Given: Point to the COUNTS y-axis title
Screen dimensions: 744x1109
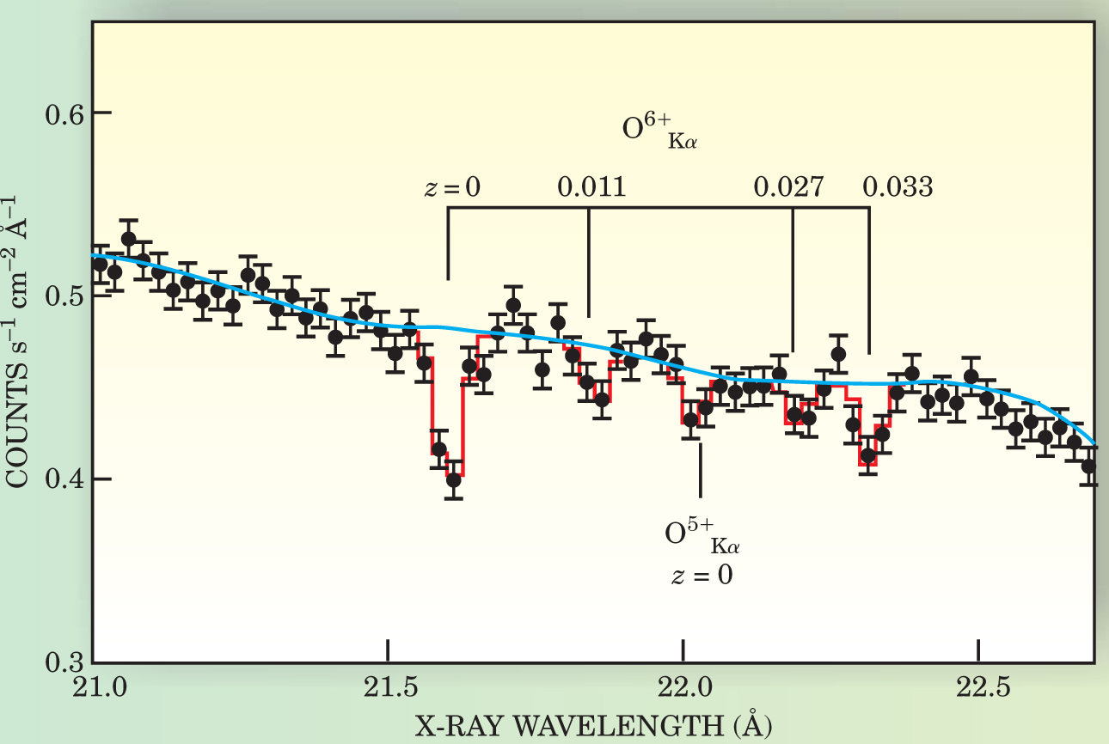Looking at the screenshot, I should coord(21,344).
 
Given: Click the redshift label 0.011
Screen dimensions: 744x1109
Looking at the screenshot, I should coord(591,186).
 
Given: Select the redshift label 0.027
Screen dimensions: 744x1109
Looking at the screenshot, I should coord(788,186).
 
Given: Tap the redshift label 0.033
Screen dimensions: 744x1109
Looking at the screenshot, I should coord(898,186).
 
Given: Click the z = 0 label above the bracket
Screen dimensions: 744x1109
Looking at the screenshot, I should coord(452,187).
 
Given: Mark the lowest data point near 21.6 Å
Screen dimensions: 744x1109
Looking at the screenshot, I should coord(453,479).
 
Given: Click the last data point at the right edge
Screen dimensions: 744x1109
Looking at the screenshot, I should coord(1088,467).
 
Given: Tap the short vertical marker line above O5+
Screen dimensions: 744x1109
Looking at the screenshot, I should coord(701,469).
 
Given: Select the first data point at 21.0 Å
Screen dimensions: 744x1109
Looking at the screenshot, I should coord(100,264).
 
